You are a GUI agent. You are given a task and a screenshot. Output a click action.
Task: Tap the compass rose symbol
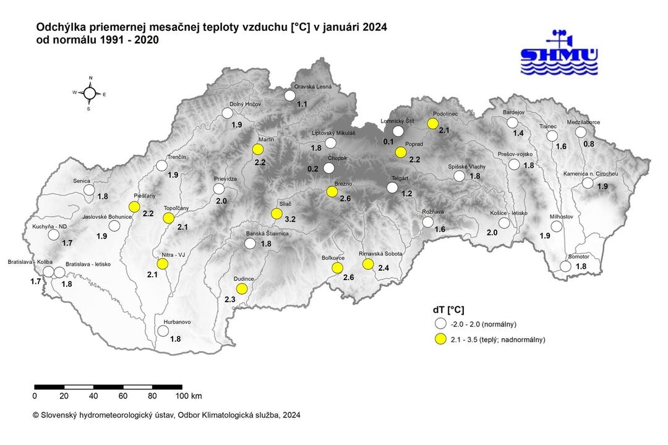point(90,93)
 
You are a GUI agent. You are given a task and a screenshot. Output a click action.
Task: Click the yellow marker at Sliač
point(276,214)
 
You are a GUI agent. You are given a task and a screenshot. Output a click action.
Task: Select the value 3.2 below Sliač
point(289,219)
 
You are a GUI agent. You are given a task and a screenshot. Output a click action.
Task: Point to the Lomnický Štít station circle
point(398,131)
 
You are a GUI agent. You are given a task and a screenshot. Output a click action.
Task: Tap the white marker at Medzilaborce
point(580,132)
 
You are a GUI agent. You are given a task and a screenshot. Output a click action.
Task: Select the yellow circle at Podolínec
point(432,124)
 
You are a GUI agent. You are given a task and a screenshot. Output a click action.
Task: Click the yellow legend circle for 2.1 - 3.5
point(440,339)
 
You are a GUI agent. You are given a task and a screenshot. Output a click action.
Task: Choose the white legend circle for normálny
point(440,324)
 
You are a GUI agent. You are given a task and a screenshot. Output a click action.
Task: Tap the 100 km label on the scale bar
point(188,396)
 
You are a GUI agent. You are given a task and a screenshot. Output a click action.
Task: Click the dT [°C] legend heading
point(449,310)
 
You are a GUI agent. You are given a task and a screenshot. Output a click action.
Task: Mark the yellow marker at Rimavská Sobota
point(368,264)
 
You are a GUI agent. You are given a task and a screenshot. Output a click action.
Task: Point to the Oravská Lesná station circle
point(289,95)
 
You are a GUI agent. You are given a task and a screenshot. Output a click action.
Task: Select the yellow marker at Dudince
point(242,289)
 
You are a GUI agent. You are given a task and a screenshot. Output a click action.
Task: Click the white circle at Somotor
point(565,266)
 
